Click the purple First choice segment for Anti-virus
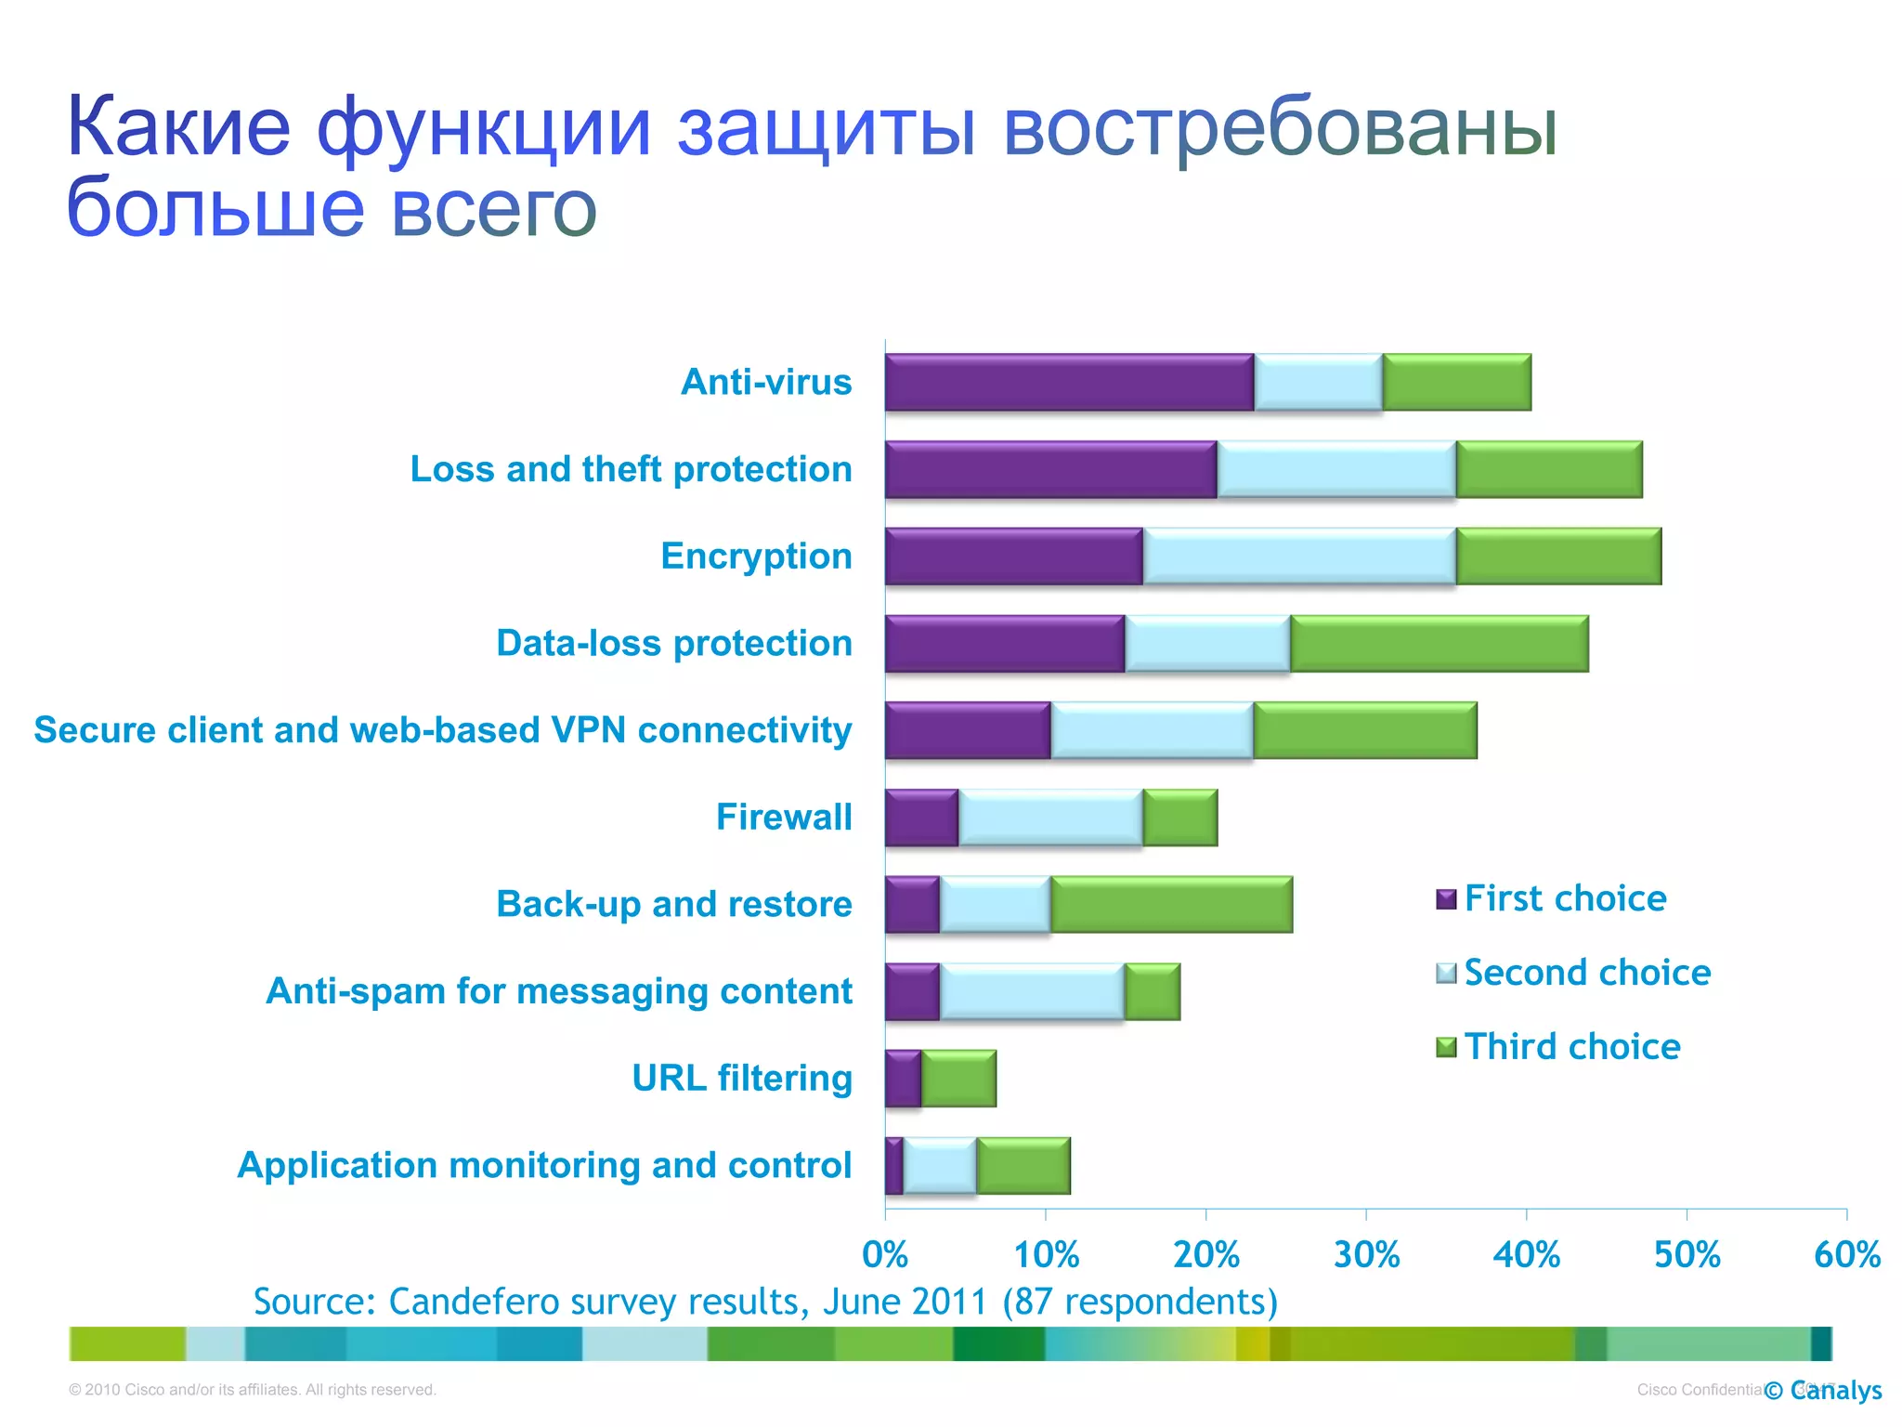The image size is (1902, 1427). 1068,382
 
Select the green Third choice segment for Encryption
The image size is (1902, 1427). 1557,556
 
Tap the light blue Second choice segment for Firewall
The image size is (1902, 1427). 1049,818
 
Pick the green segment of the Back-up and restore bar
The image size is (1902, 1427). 1170,905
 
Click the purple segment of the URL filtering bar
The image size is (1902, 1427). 903,1079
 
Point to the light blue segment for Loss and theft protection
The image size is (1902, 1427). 1335,469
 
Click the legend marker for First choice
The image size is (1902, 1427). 1445,899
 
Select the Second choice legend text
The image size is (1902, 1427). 1586,973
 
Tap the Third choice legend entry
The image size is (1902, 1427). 1571,1047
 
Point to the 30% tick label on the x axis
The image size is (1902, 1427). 1365,1255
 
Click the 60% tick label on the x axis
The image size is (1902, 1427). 1846,1255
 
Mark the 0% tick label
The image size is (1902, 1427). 884,1255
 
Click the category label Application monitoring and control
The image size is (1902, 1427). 544,1165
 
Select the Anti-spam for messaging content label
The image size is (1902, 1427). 558,991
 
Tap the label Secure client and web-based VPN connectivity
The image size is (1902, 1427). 442,730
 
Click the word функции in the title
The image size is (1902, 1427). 483,128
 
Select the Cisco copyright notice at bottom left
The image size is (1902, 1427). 252,1390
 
